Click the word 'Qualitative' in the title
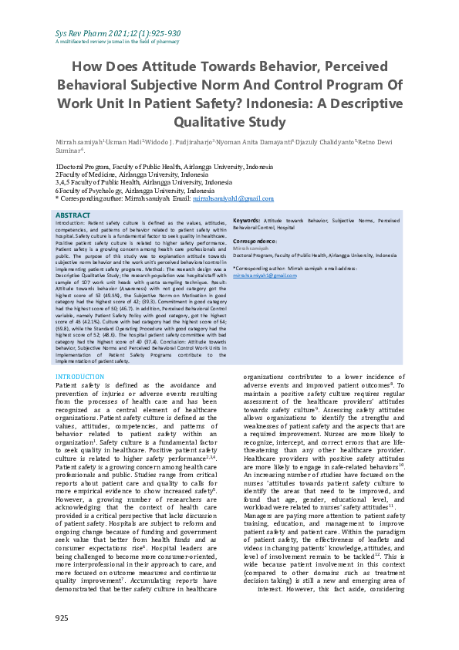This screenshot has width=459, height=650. point(208,122)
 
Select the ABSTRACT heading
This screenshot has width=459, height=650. point(73,215)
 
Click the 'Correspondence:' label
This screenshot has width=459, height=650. point(255,241)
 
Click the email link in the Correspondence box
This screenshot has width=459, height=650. point(265,275)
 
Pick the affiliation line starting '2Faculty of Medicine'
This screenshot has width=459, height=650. point(120,174)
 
